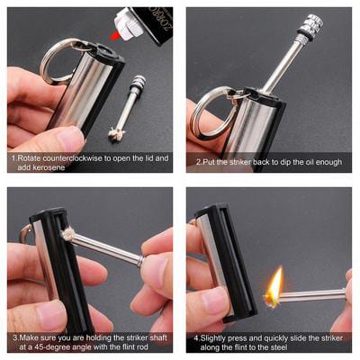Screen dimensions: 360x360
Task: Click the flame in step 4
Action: coord(275,286)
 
